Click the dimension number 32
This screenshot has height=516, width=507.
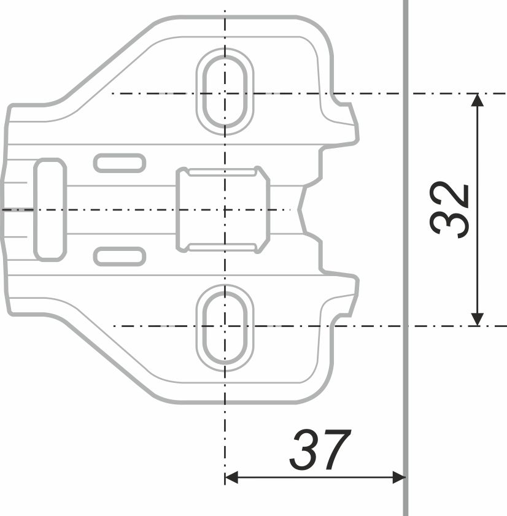[x=449, y=209]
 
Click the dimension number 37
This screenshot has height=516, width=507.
[x=320, y=450]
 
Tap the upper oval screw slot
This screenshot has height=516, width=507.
[x=225, y=91]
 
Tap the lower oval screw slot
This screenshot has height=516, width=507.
[x=225, y=328]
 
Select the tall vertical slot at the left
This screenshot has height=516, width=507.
[x=50, y=210]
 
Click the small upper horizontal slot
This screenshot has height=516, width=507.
[x=120, y=163]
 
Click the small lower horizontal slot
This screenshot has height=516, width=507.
[x=120, y=256]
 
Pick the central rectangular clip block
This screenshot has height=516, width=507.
[x=223, y=210]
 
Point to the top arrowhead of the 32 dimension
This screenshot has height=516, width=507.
[x=478, y=100]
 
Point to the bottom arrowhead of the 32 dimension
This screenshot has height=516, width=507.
[x=478, y=319]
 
